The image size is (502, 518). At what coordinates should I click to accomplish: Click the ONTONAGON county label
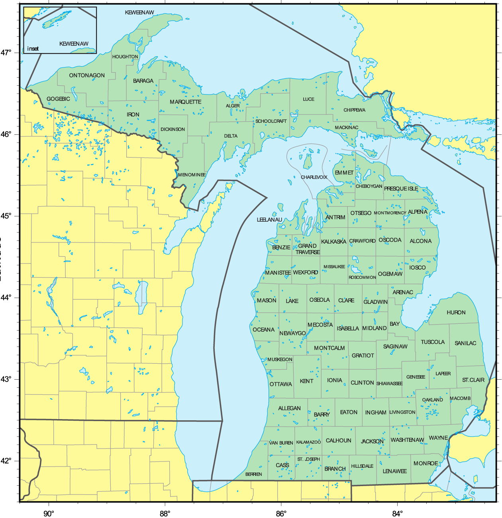click(x=87, y=75)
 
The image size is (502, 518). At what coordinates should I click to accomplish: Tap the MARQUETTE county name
click(x=186, y=102)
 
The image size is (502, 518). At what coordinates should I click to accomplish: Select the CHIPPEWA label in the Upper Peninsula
click(x=354, y=110)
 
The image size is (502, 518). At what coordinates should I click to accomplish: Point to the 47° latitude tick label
click(x=6, y=53)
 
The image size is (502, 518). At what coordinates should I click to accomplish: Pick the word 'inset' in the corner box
click(x=33, y=49)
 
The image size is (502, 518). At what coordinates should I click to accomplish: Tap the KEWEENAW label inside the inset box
click(x=74, y=44)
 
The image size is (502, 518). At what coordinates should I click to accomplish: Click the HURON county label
click(x=456, y=313)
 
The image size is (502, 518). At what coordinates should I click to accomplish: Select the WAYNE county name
click(x=438, y=438)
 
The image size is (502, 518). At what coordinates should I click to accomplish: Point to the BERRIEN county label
click(x=254, y=474)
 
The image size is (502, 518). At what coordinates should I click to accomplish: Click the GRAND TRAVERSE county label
click(x=308, y=249)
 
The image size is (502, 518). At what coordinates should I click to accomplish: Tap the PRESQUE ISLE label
click(x=401, y=189)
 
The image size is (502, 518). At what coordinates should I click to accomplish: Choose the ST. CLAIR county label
click(x=473, y=380)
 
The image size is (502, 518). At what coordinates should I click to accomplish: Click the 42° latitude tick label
click(x=6, y=461)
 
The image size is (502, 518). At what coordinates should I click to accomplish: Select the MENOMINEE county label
click(x=192, y=175)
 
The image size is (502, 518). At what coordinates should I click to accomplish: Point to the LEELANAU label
click(x=269, y=220)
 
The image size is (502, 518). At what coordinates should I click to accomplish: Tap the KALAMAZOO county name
click(x=308, y=442)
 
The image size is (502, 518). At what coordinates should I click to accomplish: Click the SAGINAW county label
click(x=395, y=347)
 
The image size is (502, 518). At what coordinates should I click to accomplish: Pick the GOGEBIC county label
click(x=58, y=99)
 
